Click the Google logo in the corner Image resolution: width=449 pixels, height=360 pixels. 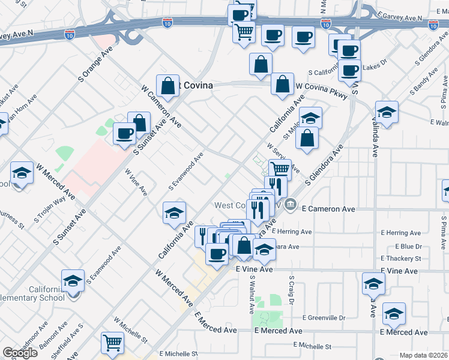tap(20, 353)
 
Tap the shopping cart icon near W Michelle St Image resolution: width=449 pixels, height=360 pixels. tap(112, 343)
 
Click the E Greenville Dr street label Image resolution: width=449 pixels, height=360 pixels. tap(324, 317)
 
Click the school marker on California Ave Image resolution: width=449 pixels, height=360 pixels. tap(174, 212)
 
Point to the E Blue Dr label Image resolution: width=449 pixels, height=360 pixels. tap(408, 246)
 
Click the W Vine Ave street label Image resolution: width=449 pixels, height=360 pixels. tap(136, 182)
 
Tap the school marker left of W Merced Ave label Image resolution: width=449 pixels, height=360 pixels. tap(22, 174)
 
